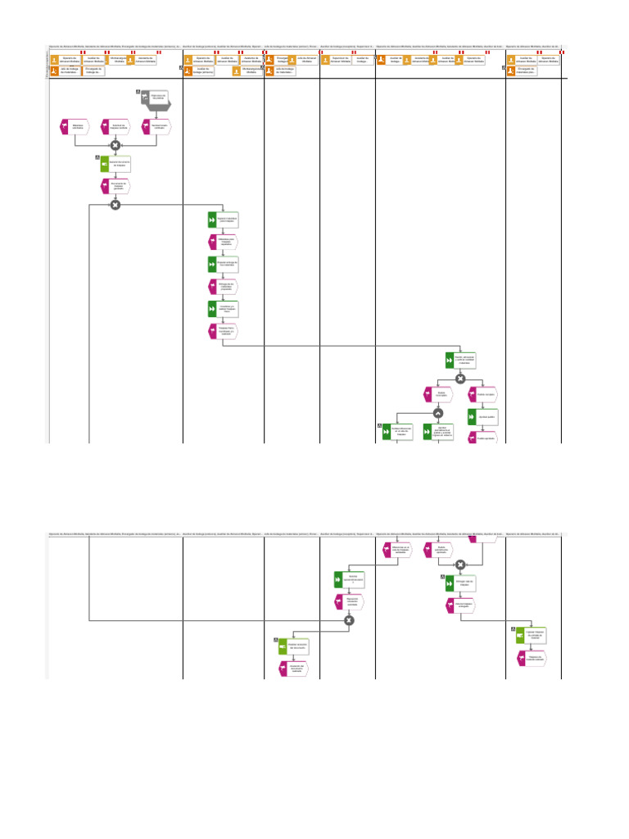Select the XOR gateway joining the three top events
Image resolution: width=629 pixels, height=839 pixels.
[115, 145]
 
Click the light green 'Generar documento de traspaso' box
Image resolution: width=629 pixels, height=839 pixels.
[115, 164]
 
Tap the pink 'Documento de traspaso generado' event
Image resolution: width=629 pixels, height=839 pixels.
[115, 186]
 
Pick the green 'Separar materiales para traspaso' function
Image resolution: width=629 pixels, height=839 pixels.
[223, 220]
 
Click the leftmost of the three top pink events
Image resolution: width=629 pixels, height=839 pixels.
[75, 127]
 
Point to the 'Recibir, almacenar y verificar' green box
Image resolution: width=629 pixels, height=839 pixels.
[460, 360]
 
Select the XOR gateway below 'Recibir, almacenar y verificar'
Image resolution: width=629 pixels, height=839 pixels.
[460, 379]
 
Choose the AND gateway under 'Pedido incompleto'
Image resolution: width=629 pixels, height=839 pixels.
[438, 412]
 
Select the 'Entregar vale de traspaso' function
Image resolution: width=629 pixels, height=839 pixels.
[460, 583]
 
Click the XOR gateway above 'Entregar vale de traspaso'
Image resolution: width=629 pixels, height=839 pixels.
[460, 564]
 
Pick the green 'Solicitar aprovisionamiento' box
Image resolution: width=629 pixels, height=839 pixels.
[350, 578]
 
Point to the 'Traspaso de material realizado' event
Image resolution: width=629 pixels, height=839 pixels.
[531, 658]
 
